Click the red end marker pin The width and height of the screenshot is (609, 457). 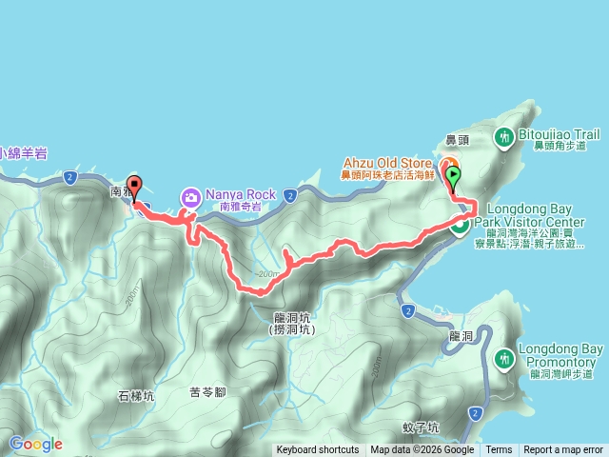134,187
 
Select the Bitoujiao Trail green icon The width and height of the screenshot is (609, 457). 503,139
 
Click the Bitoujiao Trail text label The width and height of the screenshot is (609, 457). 559,135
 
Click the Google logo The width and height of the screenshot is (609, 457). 36,444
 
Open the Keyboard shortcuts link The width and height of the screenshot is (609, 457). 318,450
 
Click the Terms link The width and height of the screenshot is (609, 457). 499,450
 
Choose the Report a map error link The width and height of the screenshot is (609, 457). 563,450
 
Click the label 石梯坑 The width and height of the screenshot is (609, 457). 135,369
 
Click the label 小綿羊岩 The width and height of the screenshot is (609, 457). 24,152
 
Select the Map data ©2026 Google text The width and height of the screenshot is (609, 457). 422,450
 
